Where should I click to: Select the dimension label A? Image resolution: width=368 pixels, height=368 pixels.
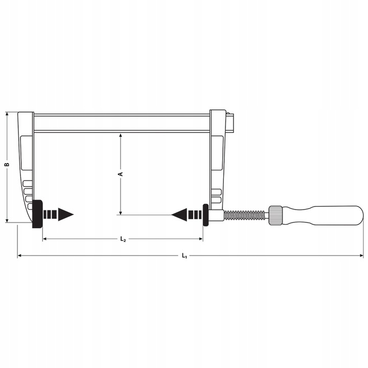point(121,174)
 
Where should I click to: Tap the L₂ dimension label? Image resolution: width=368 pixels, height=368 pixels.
point(123,239)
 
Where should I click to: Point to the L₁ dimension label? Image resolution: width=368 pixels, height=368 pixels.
point(185,256)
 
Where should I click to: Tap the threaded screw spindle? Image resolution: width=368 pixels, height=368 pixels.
point(245,215)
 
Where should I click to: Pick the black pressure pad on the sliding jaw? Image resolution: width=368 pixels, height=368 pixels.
point(205,215)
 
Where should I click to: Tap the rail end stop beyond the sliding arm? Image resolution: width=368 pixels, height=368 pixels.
point(233,123)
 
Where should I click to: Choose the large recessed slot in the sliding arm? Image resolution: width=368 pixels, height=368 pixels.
point(217,153)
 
